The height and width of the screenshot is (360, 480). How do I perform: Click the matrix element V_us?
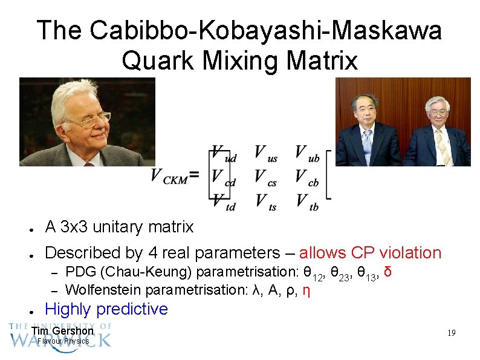tap(265, 154)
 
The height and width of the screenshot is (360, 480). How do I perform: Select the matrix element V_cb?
tap(307, 177)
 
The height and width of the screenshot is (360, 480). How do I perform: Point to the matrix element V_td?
tap(223, 201)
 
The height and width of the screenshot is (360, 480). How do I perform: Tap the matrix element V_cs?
tap(265, 177)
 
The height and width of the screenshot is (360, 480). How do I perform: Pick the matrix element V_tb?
tap(307, 201)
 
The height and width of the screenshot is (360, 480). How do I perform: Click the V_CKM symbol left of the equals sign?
tap(169, 177)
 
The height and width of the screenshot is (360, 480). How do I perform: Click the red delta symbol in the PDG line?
tap(388, 270)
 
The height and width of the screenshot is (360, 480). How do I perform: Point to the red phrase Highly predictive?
tap(106, 309)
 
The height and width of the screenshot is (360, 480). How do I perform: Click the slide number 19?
tap(451, 333)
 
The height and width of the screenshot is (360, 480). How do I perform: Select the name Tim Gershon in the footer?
tap(62, 331)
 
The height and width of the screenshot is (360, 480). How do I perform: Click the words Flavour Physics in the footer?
tap(63, 341)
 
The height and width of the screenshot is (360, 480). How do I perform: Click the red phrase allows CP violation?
tap(370, 252)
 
